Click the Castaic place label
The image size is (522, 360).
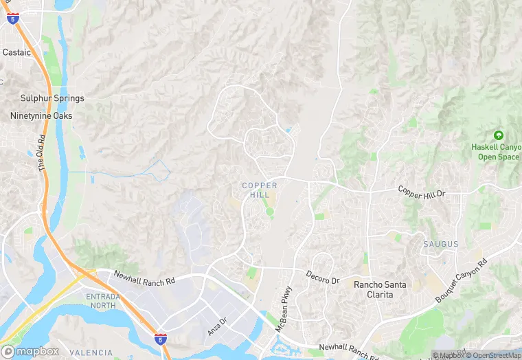[17, 52]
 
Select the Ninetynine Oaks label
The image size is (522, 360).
[41, 115]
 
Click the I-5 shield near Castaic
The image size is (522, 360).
[13, 19]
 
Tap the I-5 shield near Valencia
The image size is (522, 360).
[160, 339]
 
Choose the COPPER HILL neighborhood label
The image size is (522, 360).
[260, 190]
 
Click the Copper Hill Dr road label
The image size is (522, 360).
[422, 192]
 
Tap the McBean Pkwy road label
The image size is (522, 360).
[284, 309]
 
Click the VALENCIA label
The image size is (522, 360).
[91, 352]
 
